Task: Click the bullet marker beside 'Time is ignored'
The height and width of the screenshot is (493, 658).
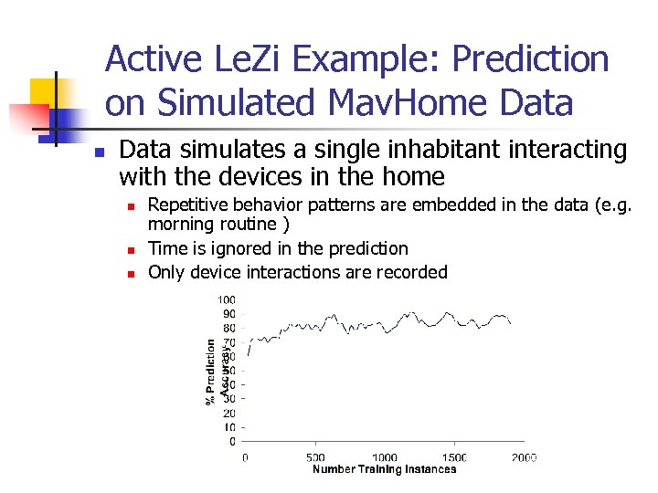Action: [131, 249]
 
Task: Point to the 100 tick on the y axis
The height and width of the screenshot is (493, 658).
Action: [226, 299]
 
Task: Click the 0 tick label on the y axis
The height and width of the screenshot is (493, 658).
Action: [232, 441]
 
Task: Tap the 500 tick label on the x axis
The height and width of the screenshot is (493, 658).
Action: [314, 457]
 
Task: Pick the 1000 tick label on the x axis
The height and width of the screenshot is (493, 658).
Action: [384, 457]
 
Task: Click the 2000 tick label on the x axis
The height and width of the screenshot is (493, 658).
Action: [523, 457]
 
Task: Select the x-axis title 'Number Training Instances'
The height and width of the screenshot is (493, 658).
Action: [384, 469]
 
